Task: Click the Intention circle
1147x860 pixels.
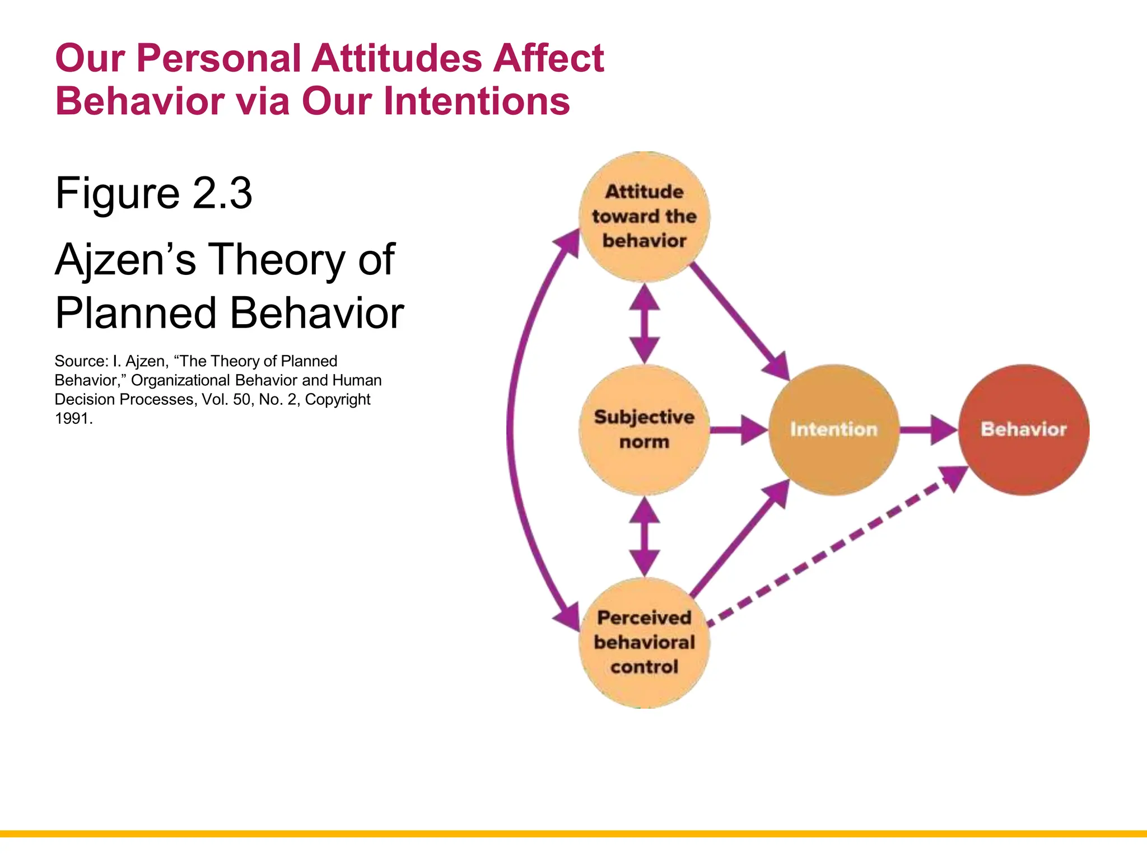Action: coord(834,429)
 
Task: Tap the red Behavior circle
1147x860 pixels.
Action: coord(1024,429)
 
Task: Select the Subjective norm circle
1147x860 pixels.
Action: coord(644,429)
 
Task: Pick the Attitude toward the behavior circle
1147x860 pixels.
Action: coord(644,216)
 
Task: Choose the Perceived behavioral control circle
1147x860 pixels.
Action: coord(644,642)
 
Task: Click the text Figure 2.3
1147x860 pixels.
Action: coord(153,193)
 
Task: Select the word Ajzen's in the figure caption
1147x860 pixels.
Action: coord(125,260)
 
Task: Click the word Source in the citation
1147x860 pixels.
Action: coord(79,361)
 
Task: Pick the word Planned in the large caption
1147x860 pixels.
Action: coord(135,313)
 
